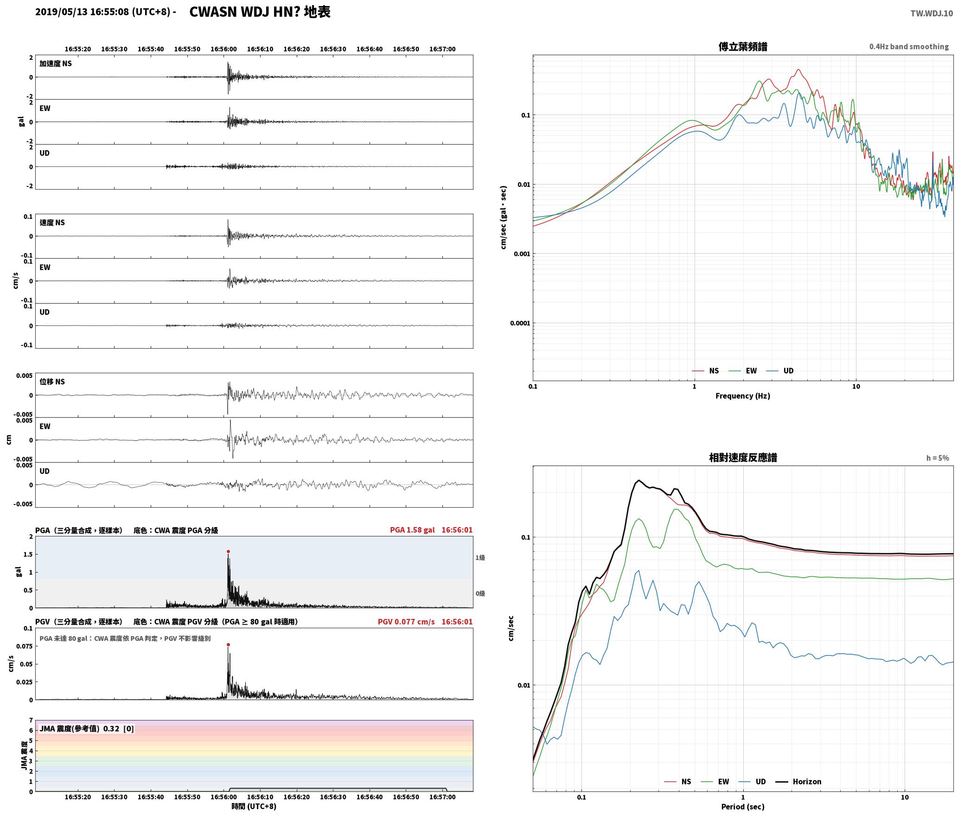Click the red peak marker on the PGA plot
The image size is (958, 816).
click(228, 552)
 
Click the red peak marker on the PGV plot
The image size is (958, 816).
click(228, 644)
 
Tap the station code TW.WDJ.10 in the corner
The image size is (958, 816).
click(932, 13)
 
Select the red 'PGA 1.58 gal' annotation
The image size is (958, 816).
click(412, 530)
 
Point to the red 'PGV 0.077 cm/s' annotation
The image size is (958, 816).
click(406, 622)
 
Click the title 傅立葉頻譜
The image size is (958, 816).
click(743, 46)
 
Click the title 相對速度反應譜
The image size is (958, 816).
click(743, 458)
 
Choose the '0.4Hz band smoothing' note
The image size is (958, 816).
click(909, 46)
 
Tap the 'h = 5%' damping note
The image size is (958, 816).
click(938, 458)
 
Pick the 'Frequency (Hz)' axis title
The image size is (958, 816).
click(743, 396)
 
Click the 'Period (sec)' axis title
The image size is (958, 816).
click(743, 807)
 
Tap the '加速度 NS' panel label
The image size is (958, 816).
click(56, 64)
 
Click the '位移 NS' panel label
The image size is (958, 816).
click(52, 382)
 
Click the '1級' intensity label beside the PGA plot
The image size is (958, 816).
click(480, 558)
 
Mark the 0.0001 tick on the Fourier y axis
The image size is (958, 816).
click(520, 323)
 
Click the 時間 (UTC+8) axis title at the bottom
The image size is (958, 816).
click(254, 807)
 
